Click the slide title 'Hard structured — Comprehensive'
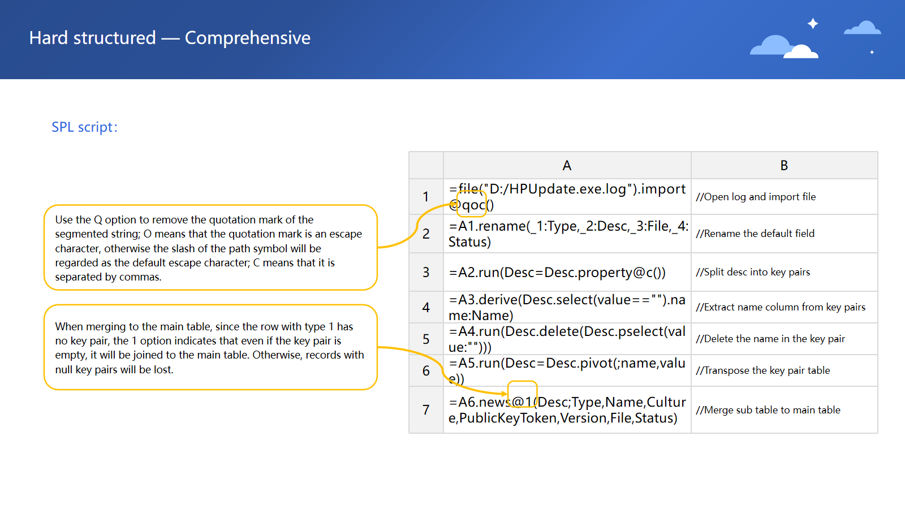pyautogui.click(x=170, y=38)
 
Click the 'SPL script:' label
pyautogui.click(x=84, y=127)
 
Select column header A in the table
pyautogui.click(x=567, y=166)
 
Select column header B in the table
pyautogui.click(x=784, y=166)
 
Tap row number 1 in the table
pyautogui.click(x=426, y=197)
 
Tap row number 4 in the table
pyautogui.click(x=426, y=308)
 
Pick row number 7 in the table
pyautogui.click(x=426, y=410)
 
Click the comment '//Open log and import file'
pyautogui.click(x=756, y=197)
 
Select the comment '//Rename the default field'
pyautogui.click(x=755, y=234)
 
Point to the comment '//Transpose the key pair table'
pyautogui.click(x=762, y=370)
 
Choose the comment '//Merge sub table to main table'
pyautogui.click(x=768, y=410)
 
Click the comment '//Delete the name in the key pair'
pyautogui.click(x=770, y=339)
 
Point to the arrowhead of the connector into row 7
pyautogui.click(x=505, y=394)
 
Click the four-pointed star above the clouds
pyautogui.click(x=813, y=23)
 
